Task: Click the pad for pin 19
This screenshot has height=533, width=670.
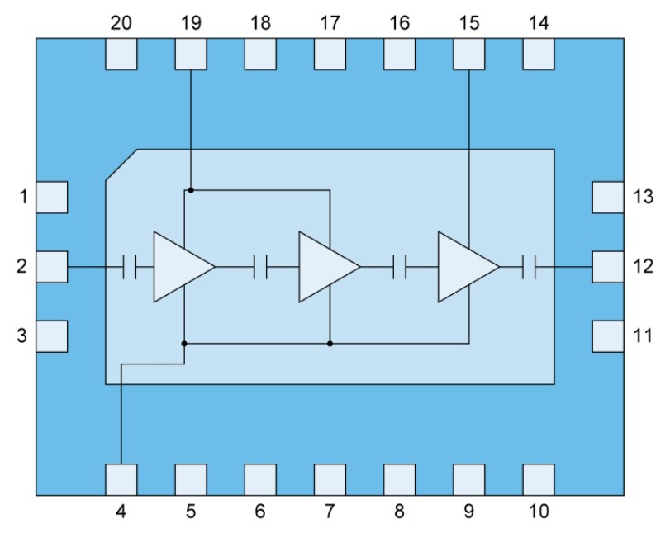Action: tap(191, 54)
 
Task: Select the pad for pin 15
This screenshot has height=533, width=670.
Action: tap(469, 54)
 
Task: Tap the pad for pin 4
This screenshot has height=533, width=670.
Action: tap(121, 479)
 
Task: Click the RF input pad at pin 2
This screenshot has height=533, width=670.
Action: tap(52, 267)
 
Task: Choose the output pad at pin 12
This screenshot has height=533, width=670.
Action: tap(609, 267)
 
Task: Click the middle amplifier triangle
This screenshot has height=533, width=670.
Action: tap(325, 267)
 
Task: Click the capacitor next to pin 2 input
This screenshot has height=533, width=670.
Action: tap(129, 267)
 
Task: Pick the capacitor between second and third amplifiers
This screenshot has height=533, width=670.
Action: tap(401, 267)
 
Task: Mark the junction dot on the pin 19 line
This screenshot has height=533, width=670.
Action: tap(191, 190)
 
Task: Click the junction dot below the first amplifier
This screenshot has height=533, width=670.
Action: tap(184, 343)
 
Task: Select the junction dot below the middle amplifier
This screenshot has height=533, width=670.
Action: tap(330, 343)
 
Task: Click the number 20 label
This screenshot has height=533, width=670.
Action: tap(121, 23)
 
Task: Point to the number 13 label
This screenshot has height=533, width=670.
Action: tap(644, 197)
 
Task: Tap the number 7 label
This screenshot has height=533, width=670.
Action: tap(330, 512)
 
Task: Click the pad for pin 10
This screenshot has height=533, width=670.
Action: tap(539, 479)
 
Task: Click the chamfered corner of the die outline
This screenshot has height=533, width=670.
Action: tap(121, 164)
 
